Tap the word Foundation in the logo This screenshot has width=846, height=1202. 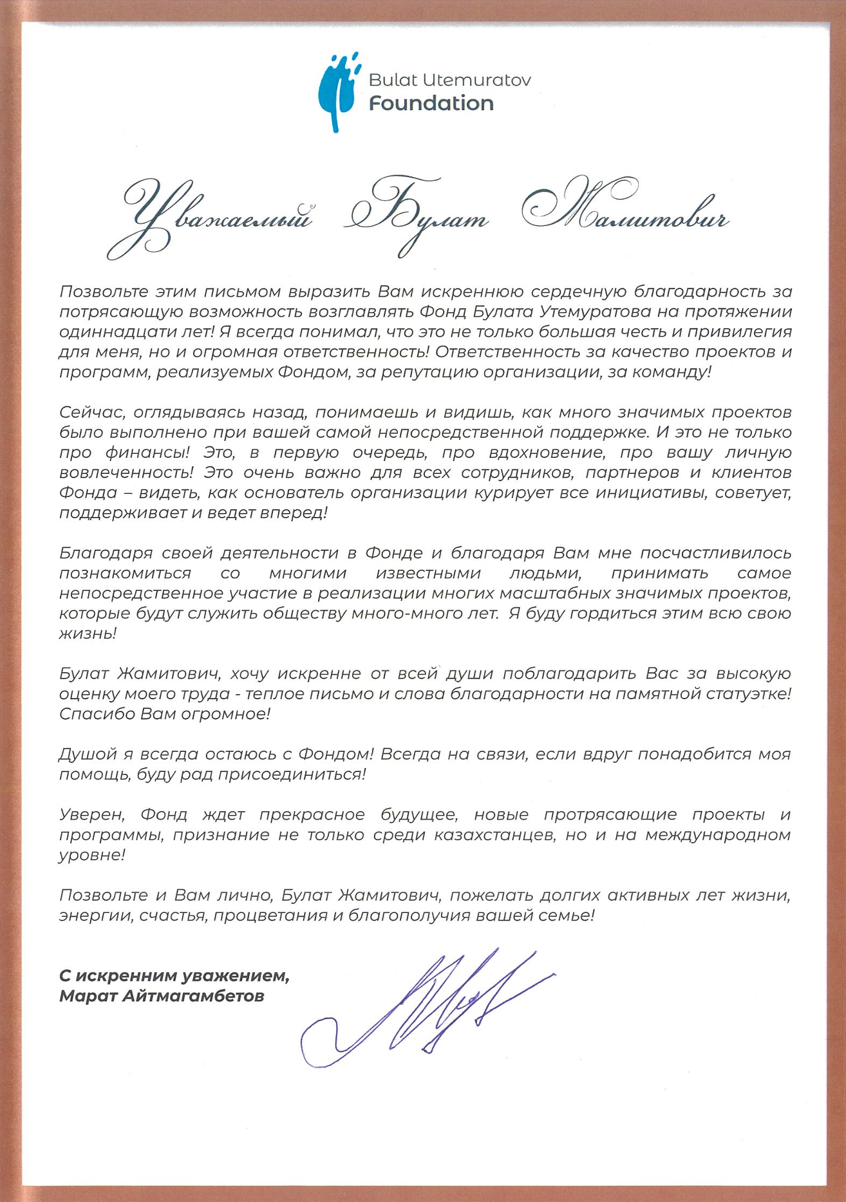point(431,103)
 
